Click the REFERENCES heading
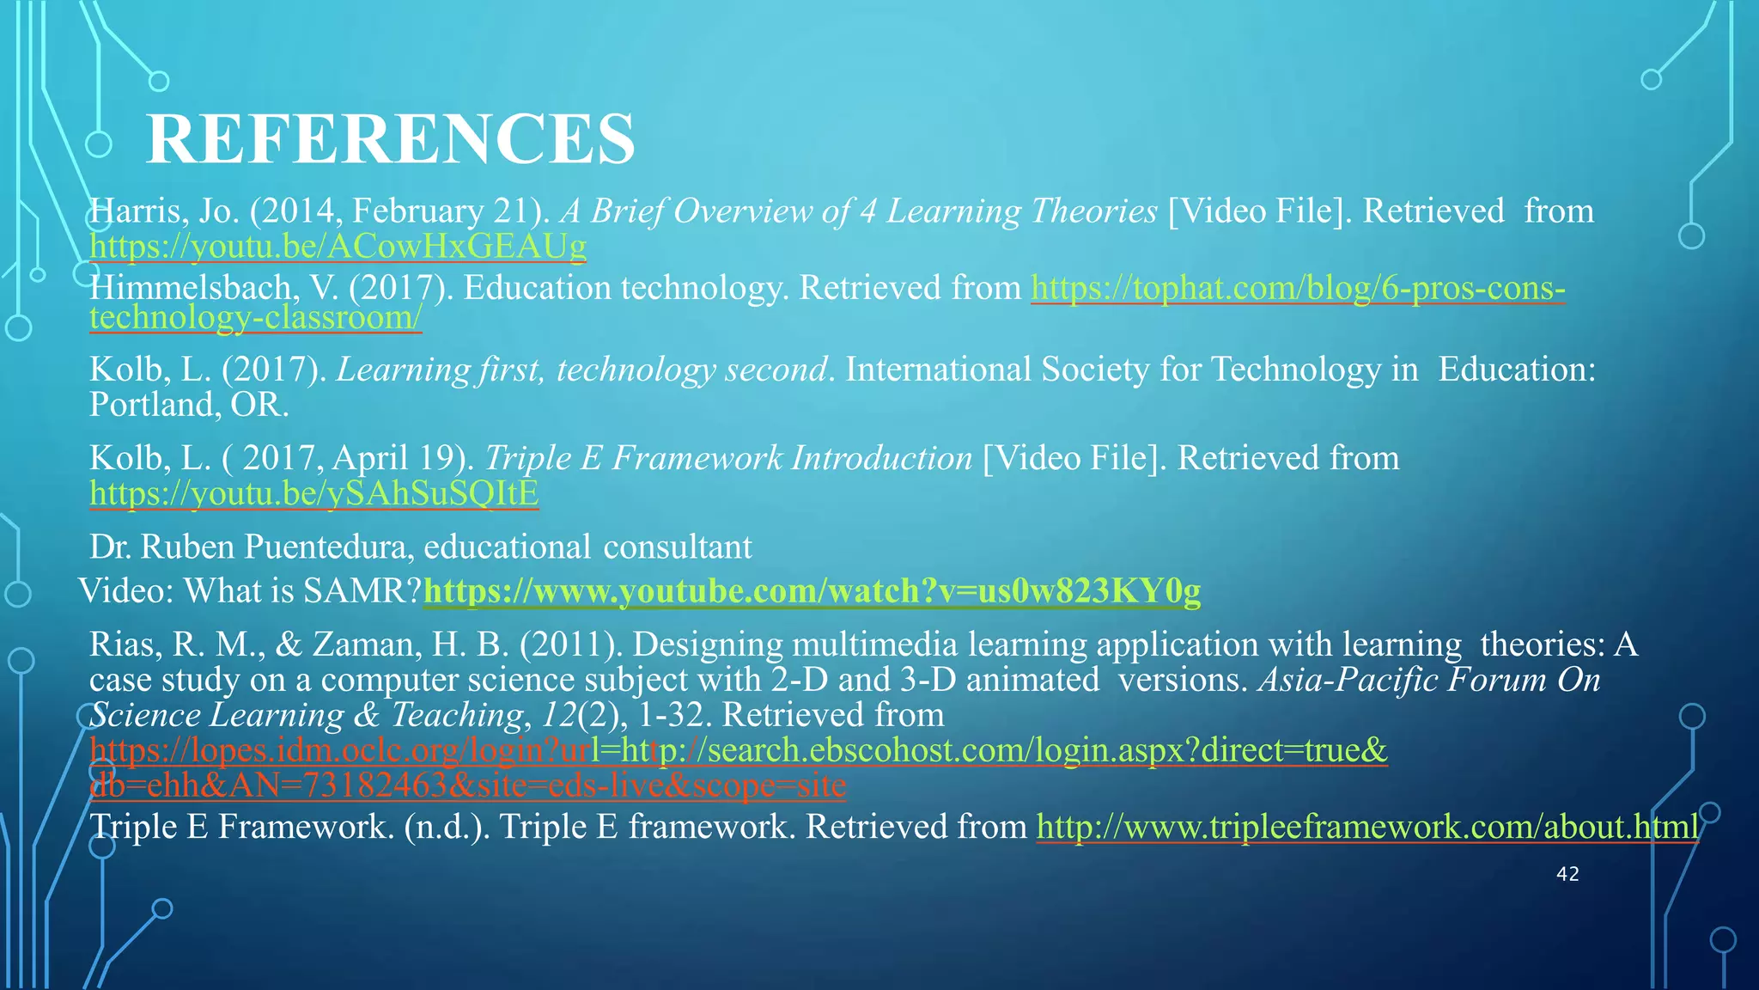[391, 139]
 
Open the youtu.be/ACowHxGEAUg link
[338, 247]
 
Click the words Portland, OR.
[189, 405]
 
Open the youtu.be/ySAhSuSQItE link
[314, 493]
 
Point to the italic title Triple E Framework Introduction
[728, 458]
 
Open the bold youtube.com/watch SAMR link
[812, 591]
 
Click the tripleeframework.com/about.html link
[1367, 827]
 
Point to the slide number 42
[1567, 874]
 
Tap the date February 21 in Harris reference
[447, 211]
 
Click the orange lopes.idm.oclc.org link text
[344, 750]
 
